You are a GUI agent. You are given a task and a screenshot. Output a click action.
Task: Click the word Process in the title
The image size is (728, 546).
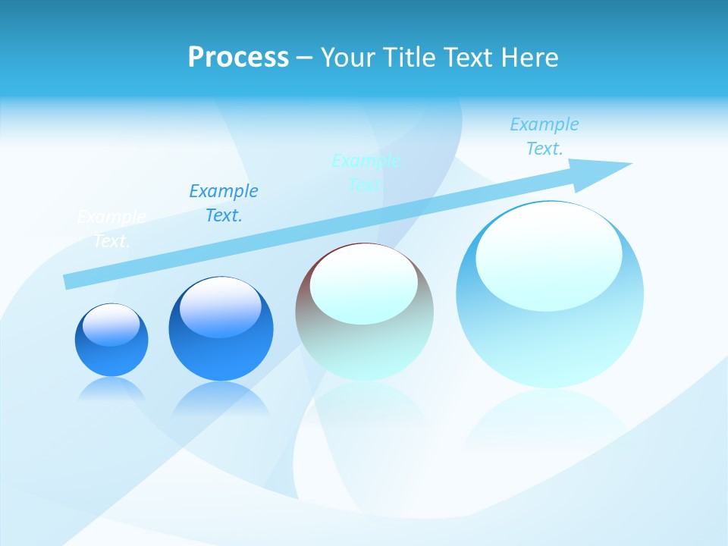pyautogui.click(x=238, y=57)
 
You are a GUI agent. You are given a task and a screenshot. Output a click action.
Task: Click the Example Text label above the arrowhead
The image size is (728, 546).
pyautogui.click(x=544, y=136)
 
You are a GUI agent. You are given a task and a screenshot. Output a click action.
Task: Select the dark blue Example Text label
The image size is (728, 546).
pyautogui.click(x=224, y=203)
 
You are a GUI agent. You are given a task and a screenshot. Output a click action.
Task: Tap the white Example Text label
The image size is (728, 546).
pyautogui.click(x=111, y=229)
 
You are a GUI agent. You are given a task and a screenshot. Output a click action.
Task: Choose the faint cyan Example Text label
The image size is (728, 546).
pyautogui.click(x=366, y=172)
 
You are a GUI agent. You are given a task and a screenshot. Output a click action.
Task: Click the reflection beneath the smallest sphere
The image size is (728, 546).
pyautogui.click(x=111, y=388)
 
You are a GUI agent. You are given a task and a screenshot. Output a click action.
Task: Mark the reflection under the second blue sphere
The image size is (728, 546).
pyautogui.click(x=221, y=397)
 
